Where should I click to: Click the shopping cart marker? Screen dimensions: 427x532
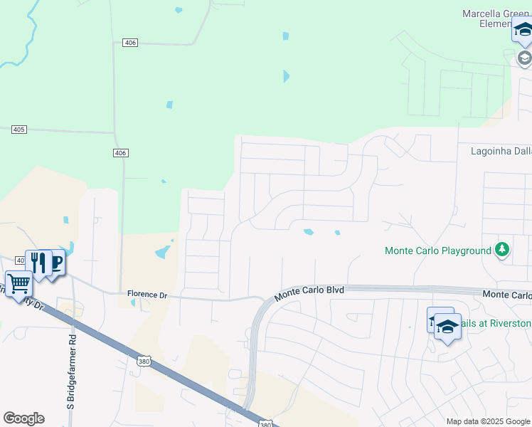pos(18,285)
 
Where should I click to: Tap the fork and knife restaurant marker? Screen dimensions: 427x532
pos(38,263)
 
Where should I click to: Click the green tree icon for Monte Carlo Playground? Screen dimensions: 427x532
pos(502,250)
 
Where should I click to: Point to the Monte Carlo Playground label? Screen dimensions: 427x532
pos(437,251)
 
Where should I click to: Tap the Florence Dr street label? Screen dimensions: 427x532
pos(147,294)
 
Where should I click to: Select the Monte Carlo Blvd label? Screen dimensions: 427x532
pos(309,291)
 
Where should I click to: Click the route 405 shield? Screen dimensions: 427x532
pos(19,129)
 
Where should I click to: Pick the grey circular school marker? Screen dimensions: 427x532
pos(524,57)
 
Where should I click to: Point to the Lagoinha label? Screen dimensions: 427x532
pos(501,151)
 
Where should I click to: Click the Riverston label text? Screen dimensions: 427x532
pos(496,324)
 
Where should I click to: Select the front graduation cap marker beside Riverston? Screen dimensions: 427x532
pos(447,327)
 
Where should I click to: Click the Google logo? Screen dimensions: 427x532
pos(23,418)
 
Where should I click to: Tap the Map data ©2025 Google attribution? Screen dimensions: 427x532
pos(487,421)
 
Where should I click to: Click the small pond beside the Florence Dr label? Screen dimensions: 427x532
pos(133,303)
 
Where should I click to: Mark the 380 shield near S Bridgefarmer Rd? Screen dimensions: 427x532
pos(144,362)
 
